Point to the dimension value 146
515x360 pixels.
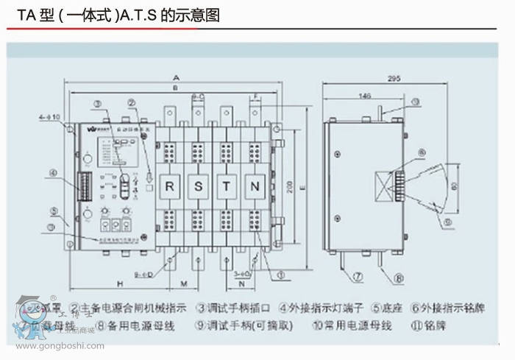(x=366, y=95)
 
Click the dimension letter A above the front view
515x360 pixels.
(x=177, y=77)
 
